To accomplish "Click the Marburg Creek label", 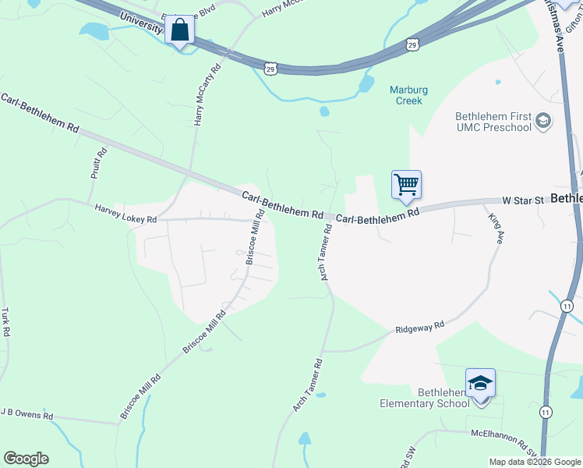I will [x=405, y=95].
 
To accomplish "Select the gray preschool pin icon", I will [x=543, y=122].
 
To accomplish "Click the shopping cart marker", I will [x=406, y=186].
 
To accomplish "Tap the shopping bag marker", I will [x=180, y=31].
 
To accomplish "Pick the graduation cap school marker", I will [x=481, y=384].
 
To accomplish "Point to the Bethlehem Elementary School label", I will [x=424, y=398].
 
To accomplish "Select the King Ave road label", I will [x=493, y=225].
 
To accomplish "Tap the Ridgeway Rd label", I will [x=419, y=328].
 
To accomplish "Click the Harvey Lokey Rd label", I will [x=125, y=214].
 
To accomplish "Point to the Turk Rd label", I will [x=5, y=321].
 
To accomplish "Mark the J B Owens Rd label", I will [x=26, y=413].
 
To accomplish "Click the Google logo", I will [x=26, y=459].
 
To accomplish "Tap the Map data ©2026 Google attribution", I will [x=535, y=462].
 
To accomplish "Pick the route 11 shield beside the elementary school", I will [x=546, y=411].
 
